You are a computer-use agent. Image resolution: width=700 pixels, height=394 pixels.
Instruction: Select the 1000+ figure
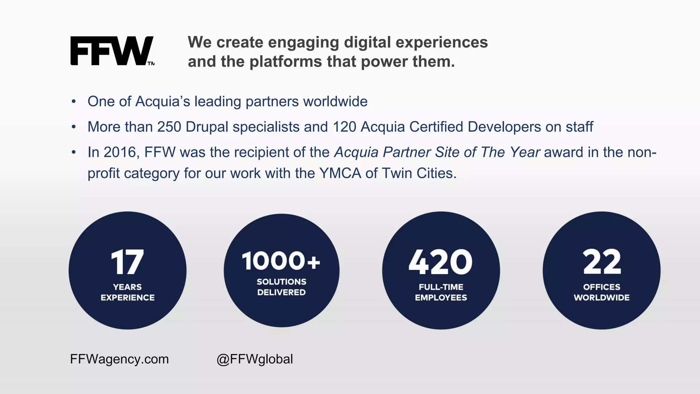coord(281,261)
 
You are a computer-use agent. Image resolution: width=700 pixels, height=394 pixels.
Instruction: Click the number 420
coord(441,262)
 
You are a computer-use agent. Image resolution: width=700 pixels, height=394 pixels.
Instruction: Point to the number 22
coord(602,262)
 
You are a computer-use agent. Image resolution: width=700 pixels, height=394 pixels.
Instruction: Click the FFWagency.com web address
coord(119,359)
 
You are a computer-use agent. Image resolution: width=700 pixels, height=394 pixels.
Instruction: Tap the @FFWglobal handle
coord(255,359)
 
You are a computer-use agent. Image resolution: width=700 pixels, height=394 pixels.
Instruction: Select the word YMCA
coord(340,173)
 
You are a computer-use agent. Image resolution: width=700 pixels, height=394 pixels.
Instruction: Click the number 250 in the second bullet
coord(169,127)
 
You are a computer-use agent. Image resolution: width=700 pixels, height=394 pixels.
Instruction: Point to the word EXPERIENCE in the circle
coord(127,298)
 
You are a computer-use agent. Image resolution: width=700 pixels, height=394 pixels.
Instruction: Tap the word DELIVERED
coord(281,292)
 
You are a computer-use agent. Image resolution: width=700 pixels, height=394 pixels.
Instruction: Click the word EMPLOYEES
coord(441,298)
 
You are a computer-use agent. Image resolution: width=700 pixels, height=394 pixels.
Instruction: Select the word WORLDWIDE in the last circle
coord(602,298)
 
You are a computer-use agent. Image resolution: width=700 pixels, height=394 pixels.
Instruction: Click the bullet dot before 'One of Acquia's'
coord(73,102)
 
